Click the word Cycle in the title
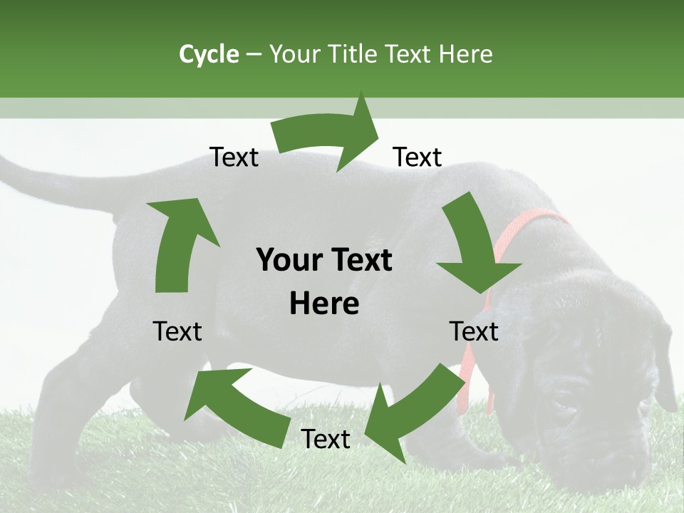click(209, 54)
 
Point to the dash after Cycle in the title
click(254, 55)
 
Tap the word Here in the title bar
click(466, 54)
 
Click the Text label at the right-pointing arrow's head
click(418, 157)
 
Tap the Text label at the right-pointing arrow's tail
click(234, 157)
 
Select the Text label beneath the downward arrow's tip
click(474, 331)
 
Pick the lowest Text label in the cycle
click(326, 439)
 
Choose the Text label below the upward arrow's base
click(177, 331)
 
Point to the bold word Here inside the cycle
click(324, 304)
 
